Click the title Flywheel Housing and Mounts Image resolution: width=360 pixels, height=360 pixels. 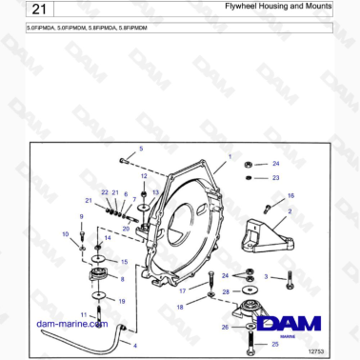(277, 9)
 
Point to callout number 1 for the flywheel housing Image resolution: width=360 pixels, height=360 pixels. (230, 155)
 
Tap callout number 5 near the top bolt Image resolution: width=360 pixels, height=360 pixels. (141, 149)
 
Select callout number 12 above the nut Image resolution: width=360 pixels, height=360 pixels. (144, 176)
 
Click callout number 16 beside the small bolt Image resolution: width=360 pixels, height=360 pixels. (291, 195)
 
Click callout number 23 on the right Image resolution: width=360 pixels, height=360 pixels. (275, 177)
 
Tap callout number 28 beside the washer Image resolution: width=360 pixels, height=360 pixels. (226, 291)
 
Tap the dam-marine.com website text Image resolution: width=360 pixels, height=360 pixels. (70, 324)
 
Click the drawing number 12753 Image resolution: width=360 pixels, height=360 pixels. (318, 351)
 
